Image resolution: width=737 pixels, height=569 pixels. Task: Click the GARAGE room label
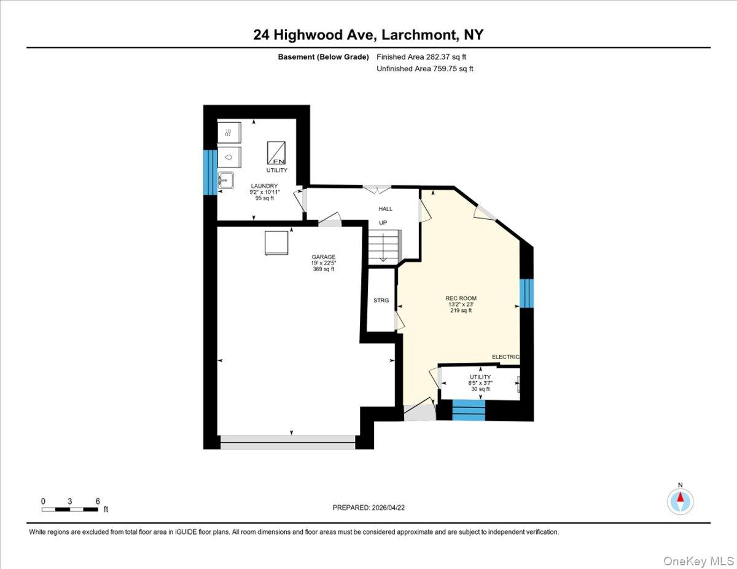(x=322, y=257)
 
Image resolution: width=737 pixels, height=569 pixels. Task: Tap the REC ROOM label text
(x=461, y=298)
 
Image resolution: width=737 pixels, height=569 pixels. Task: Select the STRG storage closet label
(x=381, y=300)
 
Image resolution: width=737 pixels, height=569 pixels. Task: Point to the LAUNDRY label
(x=263, y=186)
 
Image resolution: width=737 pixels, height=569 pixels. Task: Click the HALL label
(x=385, y=209)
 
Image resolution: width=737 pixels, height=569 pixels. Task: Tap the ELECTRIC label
(x=505, y=357)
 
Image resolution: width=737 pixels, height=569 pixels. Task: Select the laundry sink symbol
(x=225, y=180)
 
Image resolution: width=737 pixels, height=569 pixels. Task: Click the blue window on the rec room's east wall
(x=526, y=293)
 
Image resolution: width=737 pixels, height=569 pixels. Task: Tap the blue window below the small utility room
(x=469, y=410)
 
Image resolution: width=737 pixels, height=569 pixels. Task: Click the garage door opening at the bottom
(x=287, y=443)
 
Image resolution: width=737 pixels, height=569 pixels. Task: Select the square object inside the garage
(x=275, y=242)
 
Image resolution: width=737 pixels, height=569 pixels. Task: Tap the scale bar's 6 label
(x=98, y=501)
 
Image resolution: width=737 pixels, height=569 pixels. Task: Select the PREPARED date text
(x=368, y=508)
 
